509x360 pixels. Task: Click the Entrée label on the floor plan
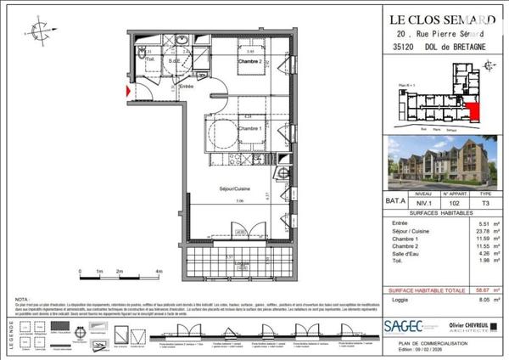pos(187,87)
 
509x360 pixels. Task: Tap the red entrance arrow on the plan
pos(128,88)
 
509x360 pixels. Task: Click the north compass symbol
pos(41,32)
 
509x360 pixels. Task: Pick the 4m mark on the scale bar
pos(159,272)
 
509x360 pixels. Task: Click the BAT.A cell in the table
pos(395,204)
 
